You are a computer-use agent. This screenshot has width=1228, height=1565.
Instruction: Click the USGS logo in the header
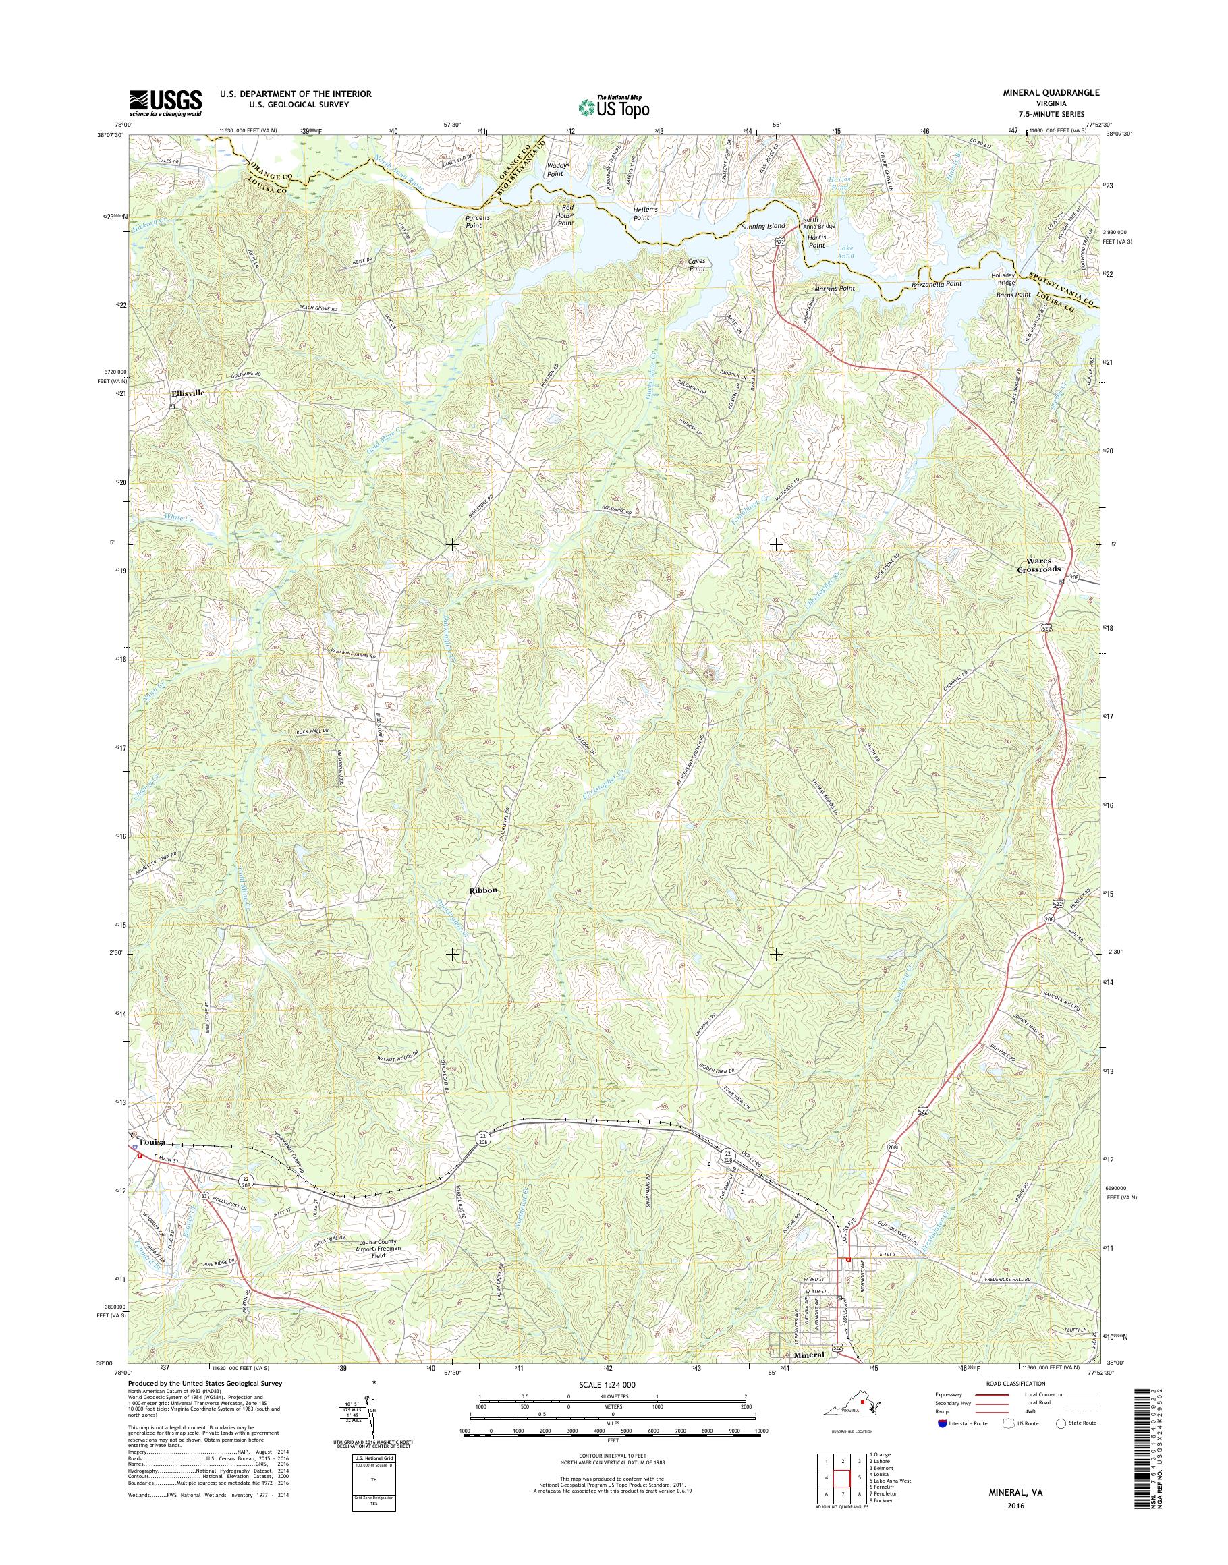point(165,103)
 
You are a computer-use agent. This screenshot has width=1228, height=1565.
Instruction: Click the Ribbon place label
point(483,890)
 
